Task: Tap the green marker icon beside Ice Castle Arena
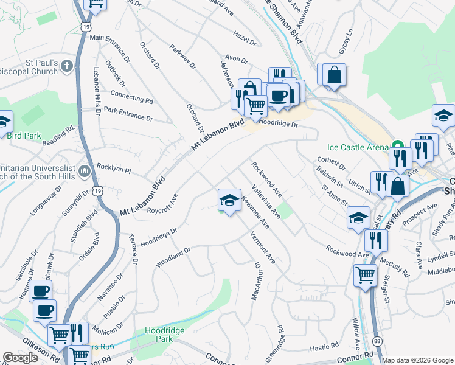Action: click(x=397, y=146)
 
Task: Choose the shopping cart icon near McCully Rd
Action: click(x=365, y=274)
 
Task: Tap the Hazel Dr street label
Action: click(x=245, y=38)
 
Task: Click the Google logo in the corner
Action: click(x=21, y=358)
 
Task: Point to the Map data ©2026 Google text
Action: click(x=417, y=360)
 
